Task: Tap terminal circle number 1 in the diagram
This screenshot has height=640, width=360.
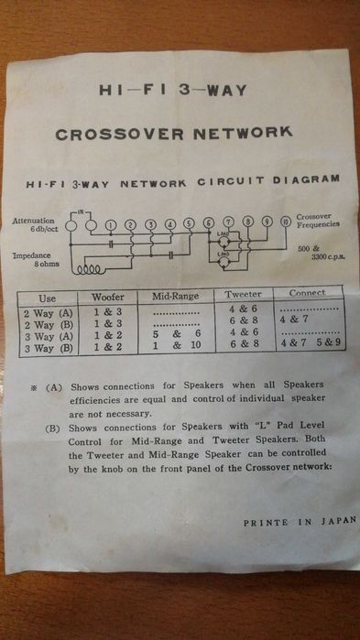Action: [110, 225]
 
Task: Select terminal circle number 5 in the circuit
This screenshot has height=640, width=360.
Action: [189, 223]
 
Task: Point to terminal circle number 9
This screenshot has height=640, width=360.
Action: [266, 222]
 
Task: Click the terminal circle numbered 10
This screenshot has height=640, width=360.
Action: [286, 221]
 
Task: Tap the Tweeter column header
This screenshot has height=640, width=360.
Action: [243, 295]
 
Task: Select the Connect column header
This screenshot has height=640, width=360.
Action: [307, 293]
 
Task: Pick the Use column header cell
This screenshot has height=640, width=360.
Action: [47, 299]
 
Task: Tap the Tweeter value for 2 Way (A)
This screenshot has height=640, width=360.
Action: [243, 308]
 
